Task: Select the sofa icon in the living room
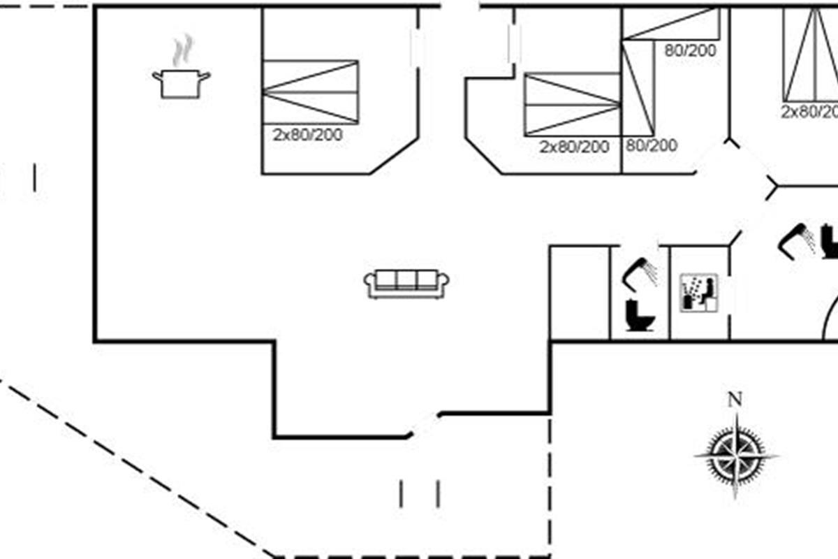[x=406, y=282]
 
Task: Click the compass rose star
[x=737, y=456]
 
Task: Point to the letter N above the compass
[x=735, y=400]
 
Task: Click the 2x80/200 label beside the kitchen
[x=308, y=136]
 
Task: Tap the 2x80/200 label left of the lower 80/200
[x=574, y=147]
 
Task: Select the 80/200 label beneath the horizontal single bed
[x=691, y=50]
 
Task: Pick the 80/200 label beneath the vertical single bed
[x=652, y=145]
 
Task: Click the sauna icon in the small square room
[x=698, y=292]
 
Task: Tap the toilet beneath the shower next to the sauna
[x=639, y=315]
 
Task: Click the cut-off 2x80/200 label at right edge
[x=809, y=112]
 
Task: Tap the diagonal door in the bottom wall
[x=423, y=425]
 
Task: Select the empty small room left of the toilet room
[x=580, y=293]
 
